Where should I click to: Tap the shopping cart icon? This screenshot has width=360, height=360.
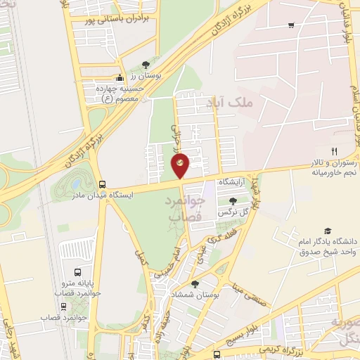[x=291, y=25]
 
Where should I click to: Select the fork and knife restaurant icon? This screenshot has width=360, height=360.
[x=335, y=151]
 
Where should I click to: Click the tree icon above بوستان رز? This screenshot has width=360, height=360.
[x=146, y=64]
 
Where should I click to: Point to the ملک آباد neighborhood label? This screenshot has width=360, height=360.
[x=229, y=103]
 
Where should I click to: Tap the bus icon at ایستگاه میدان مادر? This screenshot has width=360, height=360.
[x=103, y=184]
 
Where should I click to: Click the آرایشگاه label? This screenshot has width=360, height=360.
[x=234, y=182]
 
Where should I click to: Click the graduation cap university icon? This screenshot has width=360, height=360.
[x=327, y=231]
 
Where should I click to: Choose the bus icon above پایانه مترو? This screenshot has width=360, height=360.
[x=77, y=271]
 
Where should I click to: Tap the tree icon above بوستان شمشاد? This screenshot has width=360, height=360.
[x=195, y=283]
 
